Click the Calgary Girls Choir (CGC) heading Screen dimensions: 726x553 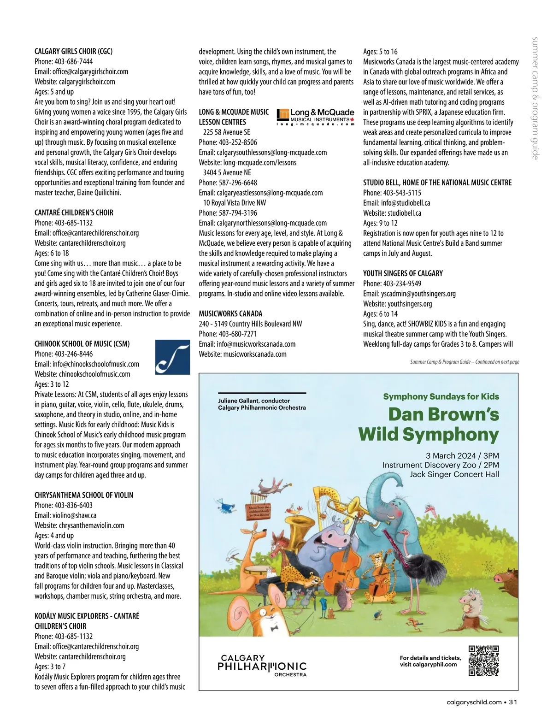tap(73, 51)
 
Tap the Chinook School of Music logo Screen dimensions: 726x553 tap(172, 357)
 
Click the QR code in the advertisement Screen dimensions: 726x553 tap(483, 661)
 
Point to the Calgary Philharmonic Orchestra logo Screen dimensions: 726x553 tap(262, 665)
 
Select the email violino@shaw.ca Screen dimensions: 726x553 tap(65, 515)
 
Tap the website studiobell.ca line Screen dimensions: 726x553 tap(392, 213)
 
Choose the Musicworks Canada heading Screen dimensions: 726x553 tap(230, 313)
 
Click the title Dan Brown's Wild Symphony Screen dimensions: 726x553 tap(429, 424)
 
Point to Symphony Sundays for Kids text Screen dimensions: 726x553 tap(441, 396)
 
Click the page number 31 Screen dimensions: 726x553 tap(513, 702)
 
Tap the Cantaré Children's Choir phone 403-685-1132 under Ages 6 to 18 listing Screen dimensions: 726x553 tap(64, 223)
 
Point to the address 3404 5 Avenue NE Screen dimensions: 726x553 tap(227, 172)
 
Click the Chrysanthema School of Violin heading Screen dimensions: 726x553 tap(83, 495)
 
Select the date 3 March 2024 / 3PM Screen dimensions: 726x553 tap(462, 455)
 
